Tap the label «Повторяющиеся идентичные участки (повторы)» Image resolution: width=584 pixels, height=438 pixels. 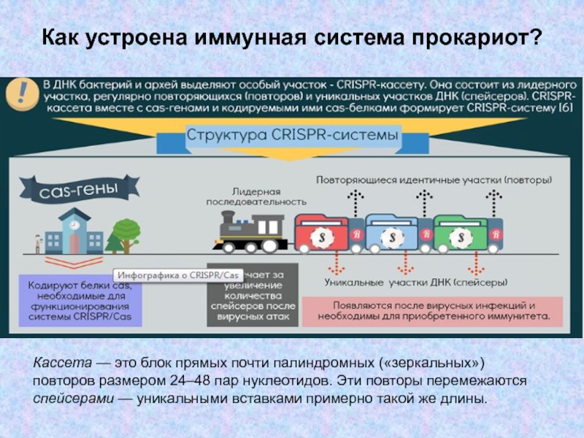coord(434,178)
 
